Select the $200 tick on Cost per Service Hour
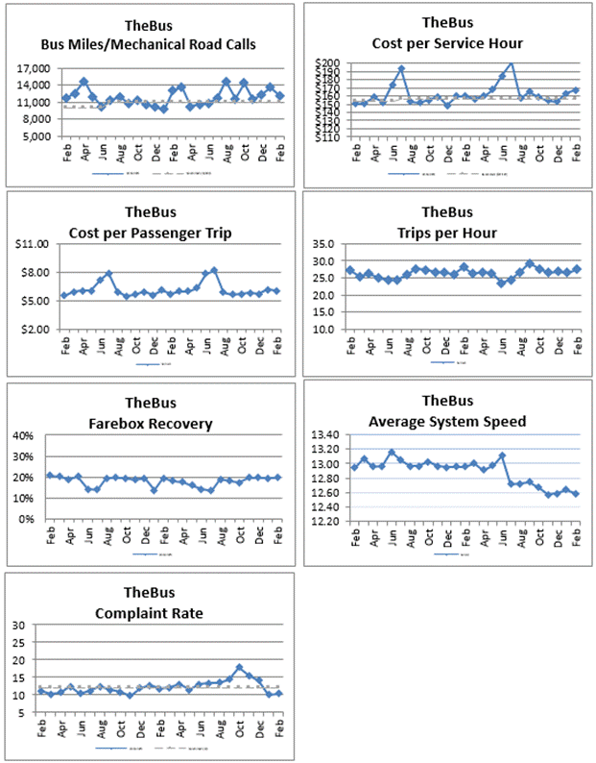329,63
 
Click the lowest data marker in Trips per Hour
500,283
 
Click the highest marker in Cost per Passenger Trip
213,270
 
